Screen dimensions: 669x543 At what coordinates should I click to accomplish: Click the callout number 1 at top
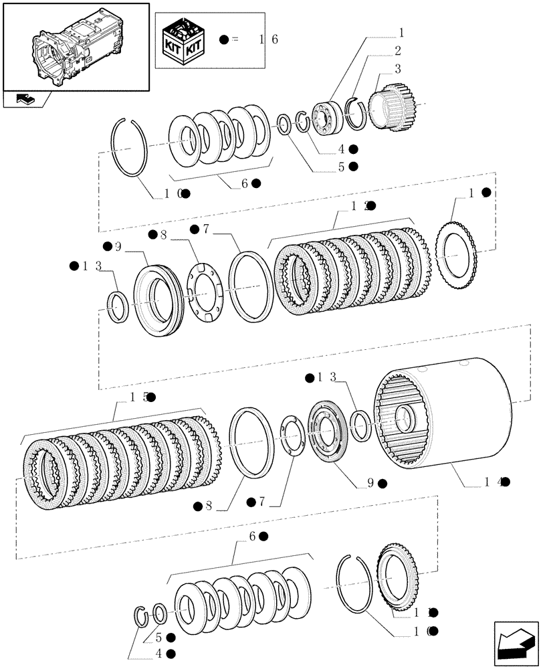[x=402, y=31]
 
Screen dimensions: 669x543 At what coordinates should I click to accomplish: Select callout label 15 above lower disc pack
[x=138, y=397]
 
